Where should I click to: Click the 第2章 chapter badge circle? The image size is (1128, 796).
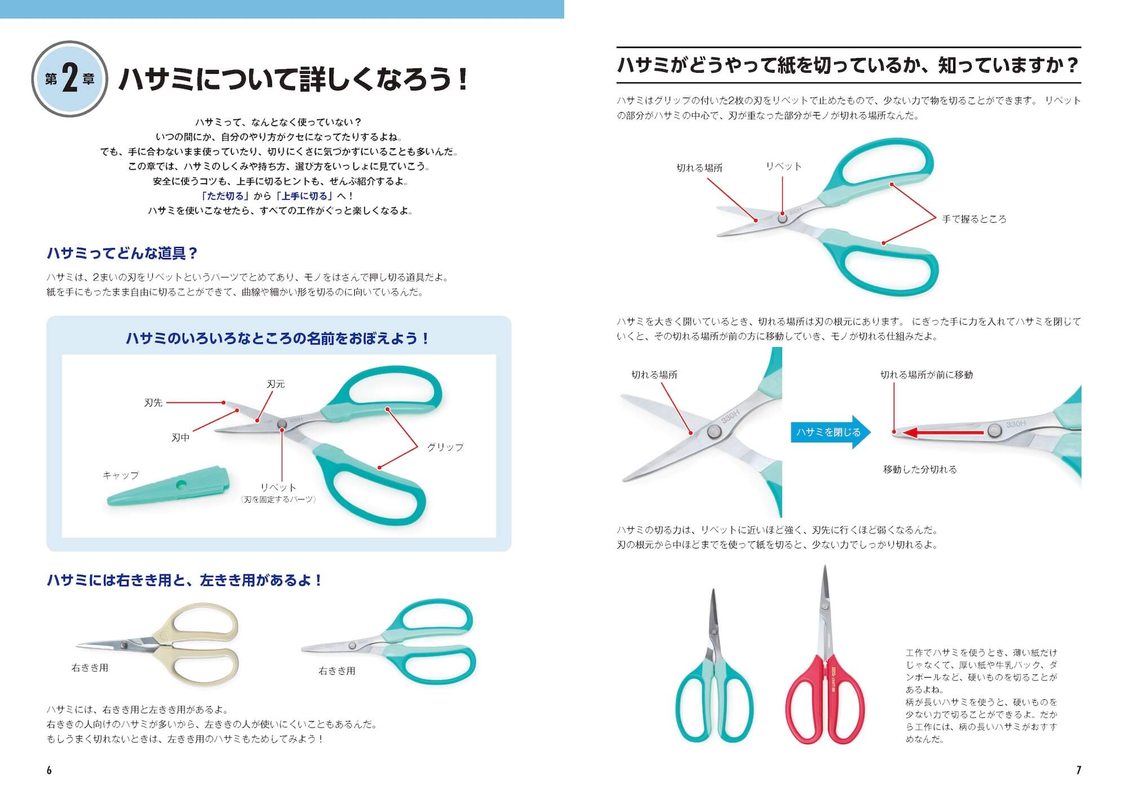(x=69, y=79)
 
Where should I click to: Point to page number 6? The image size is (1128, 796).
(x=49, y=770)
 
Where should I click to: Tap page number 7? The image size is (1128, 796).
(x=1078, y=770)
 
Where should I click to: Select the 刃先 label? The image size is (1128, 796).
(x=153, y=403)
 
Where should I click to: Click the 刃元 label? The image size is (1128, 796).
(x=276, y=384)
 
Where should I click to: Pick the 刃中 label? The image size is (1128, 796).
(x=180, y=437)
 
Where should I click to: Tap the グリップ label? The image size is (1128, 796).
(x=445, y=447)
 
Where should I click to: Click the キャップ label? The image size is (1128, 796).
(x=121, y=475)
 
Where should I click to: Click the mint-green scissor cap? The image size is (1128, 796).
(x=168, y=486)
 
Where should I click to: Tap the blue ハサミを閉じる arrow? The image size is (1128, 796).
(x=831, y=432)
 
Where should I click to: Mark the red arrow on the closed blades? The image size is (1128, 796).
(x=946, y=432)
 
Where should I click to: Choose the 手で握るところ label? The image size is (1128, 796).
(x=974, y=219)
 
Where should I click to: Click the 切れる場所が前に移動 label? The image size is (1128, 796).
(x=927, y=375)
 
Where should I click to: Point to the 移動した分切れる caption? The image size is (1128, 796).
(x=920, y=469)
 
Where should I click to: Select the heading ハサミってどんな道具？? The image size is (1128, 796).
(x=122, y=253)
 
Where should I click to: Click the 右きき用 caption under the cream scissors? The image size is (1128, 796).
(x=90, y=667)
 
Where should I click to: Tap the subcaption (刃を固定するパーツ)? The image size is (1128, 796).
(x=278, y=499)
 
